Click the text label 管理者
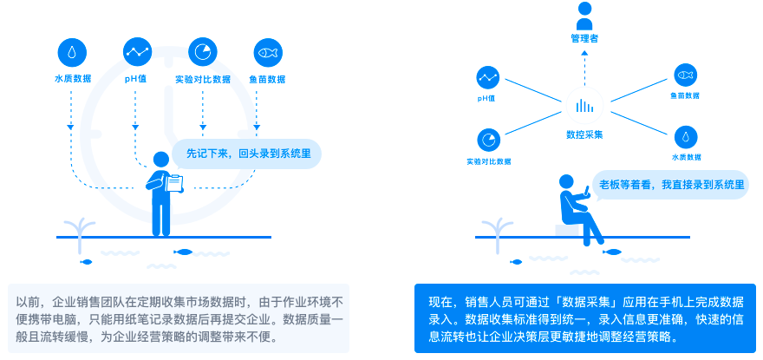pos(584,39)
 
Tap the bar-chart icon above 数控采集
pos(584,106)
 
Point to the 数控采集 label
pos(584,134)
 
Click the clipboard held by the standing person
pos(173,182)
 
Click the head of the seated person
pos(565,181)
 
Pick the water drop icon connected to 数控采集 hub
pos(686,136)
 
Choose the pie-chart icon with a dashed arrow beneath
pos(202,51)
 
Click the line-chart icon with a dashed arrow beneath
pos(137,51)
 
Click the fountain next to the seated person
pos(496,227)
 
